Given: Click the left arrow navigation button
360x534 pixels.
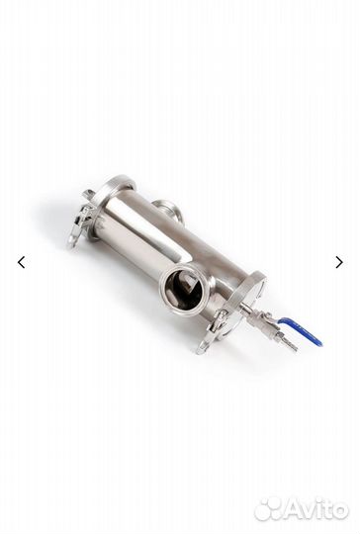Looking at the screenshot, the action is point(21,262).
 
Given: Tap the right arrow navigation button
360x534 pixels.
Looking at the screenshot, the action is point(339,262).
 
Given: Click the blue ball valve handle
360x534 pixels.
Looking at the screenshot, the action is point(301,329).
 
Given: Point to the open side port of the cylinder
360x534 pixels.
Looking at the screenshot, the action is point(186,290).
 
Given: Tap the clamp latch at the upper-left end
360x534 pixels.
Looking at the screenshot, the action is point(81,218).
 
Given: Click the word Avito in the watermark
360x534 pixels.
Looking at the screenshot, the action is point(315,510).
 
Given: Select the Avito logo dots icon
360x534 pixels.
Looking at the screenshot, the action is point(268,509).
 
